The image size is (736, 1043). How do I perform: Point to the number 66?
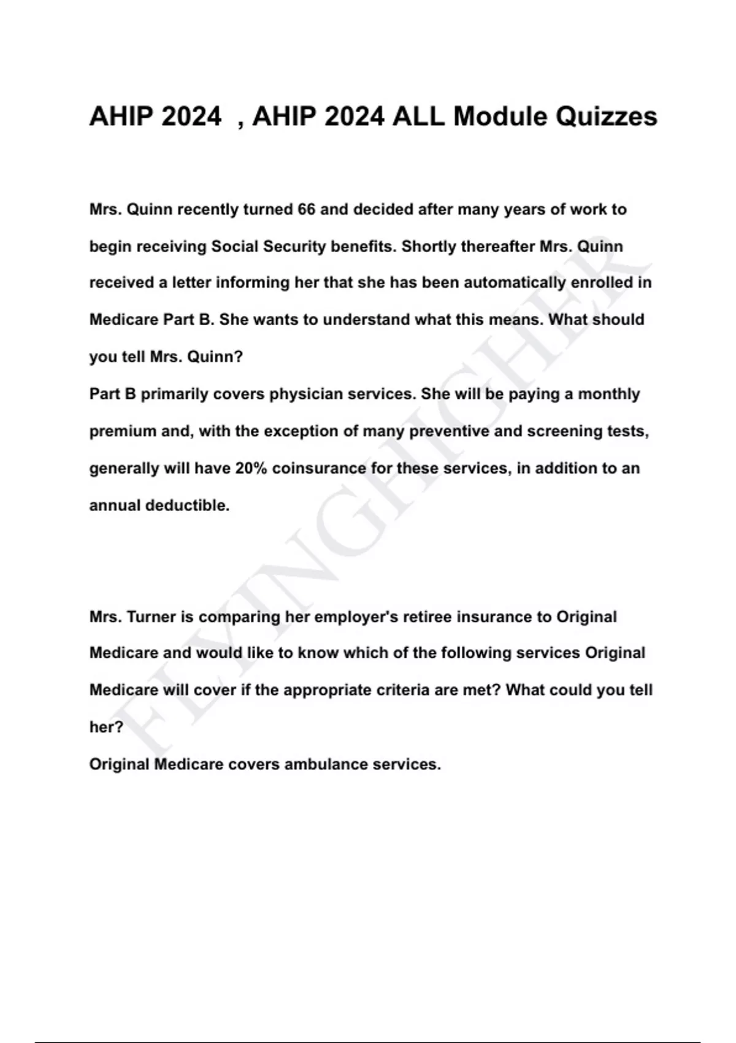coord(307,210)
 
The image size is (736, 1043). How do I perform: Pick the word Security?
coord(294,247)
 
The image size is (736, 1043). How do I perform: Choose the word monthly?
coord(609,394)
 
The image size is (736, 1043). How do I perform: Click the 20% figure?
coord(251,469)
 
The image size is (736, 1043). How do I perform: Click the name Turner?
coord(151,617)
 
